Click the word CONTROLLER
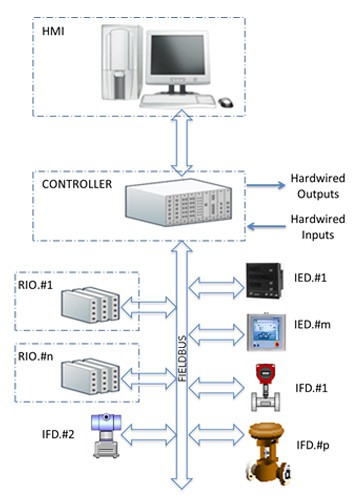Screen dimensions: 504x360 pyautogui.click(x=76, y=184)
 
